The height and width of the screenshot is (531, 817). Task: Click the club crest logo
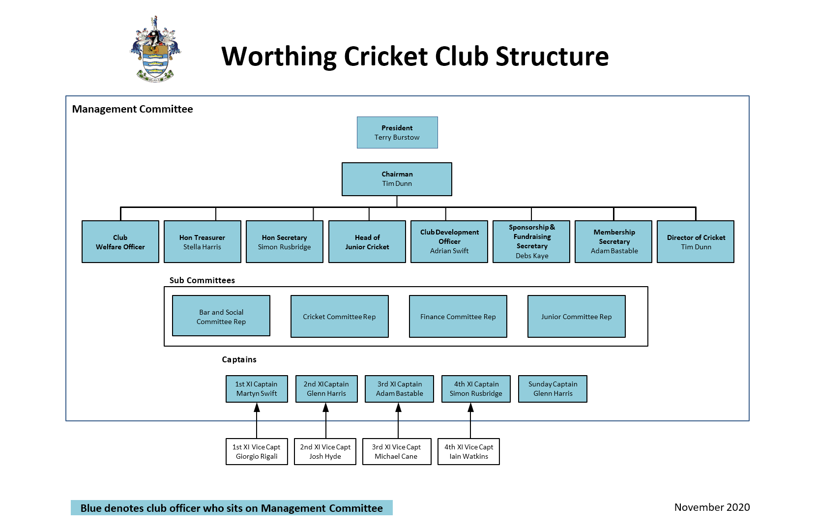click(155, 49)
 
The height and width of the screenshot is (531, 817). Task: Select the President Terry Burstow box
click(397, 133)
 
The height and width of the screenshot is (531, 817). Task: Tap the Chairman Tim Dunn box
click(397, 179)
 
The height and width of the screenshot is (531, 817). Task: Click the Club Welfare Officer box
click(120, 242)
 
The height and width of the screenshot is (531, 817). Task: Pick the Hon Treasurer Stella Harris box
click(203, 242)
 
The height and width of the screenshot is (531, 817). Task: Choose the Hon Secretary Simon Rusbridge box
click(285, 242)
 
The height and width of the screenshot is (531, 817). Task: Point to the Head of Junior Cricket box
click(367, 242)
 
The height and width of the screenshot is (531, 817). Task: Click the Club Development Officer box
click(449, 242)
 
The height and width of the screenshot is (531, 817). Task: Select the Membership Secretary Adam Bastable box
click(613, 242)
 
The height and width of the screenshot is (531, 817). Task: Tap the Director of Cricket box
click(696, 242)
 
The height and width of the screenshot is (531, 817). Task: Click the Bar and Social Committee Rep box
click(221, 316)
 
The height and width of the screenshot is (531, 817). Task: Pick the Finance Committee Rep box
click(458, 317)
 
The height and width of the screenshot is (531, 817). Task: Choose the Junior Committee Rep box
click(577, 317)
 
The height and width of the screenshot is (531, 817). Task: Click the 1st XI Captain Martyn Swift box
click(257, 389)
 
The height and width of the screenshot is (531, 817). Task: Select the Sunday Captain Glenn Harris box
click(553, 389)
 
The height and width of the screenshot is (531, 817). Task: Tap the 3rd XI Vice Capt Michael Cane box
click(396, 451)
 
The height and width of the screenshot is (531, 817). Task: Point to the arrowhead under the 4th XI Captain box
click(470, 408)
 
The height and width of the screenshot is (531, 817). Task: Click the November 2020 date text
click(712, 507)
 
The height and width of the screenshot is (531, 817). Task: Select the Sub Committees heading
click(202, 280)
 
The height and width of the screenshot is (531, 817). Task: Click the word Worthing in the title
click(279, 57)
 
